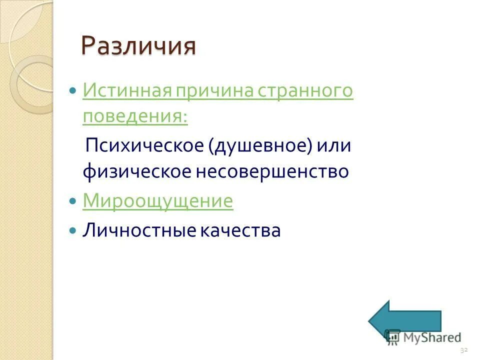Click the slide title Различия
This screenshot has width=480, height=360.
[x=138, y=46]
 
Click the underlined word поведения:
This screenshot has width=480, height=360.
[x=135, y=116]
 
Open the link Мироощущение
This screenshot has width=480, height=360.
[x=157, y=201]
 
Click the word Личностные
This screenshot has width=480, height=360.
[x=139, y=230]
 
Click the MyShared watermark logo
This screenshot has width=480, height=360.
[x=424, y=337]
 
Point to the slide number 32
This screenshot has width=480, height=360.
[x=463, y=349]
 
